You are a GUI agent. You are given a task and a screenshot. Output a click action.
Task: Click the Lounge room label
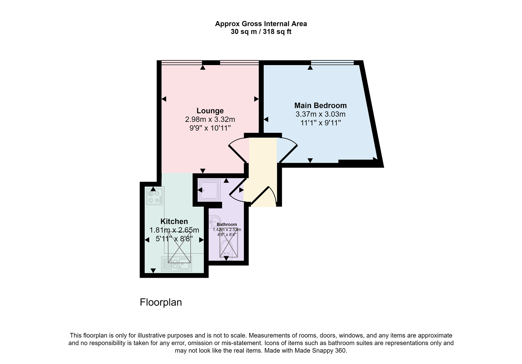coord(210,111)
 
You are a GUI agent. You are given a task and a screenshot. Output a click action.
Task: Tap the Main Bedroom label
coord(320,105)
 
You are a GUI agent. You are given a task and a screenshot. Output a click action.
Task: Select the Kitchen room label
coord(174,221)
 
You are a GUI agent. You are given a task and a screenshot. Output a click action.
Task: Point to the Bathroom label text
coord(227,224)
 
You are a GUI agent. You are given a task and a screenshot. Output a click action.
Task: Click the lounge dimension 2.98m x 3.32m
coord(210,119)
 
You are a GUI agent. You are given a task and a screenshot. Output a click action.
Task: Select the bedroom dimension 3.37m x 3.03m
coord(320,114)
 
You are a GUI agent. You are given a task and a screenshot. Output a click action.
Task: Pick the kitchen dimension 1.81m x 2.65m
coord(174,230)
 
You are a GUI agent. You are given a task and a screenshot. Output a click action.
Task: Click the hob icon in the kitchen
coord(154,196)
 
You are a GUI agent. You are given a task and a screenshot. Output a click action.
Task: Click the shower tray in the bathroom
coord(209,190)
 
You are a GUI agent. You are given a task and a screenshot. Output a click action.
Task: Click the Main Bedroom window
coord(332,62)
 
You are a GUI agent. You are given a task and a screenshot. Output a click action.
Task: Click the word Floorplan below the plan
coord(161,302)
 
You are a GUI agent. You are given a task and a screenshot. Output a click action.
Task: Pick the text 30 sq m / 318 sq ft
coord(261,32)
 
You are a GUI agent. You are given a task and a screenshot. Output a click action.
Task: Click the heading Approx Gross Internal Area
coord(261,24)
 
